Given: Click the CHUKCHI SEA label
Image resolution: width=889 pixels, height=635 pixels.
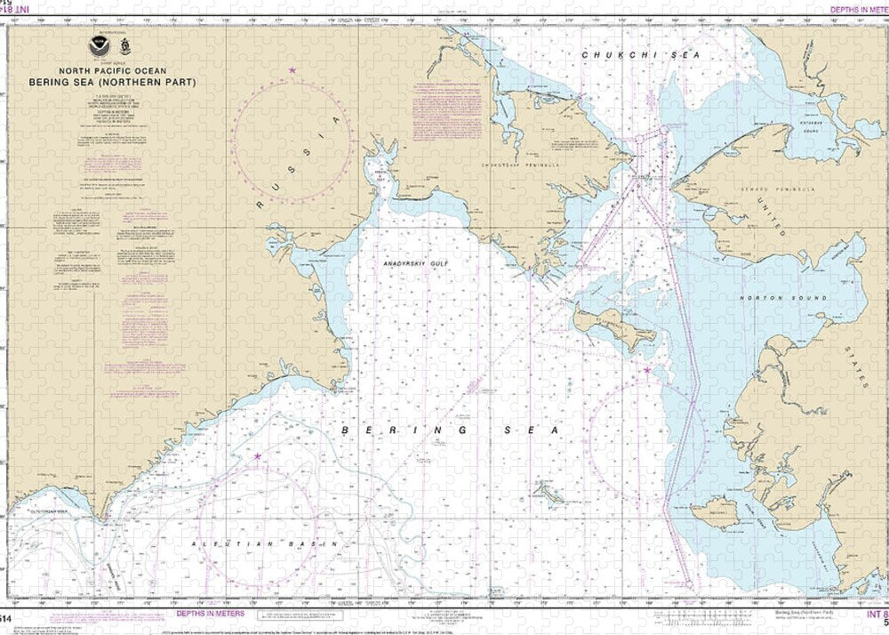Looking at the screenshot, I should (641, 55).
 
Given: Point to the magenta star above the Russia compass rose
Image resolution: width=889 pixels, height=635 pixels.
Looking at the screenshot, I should (292, 69).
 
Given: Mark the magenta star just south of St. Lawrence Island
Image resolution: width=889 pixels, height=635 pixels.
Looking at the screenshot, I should (647, 370).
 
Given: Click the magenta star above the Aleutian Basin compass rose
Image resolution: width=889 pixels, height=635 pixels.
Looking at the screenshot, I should (258, 456).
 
